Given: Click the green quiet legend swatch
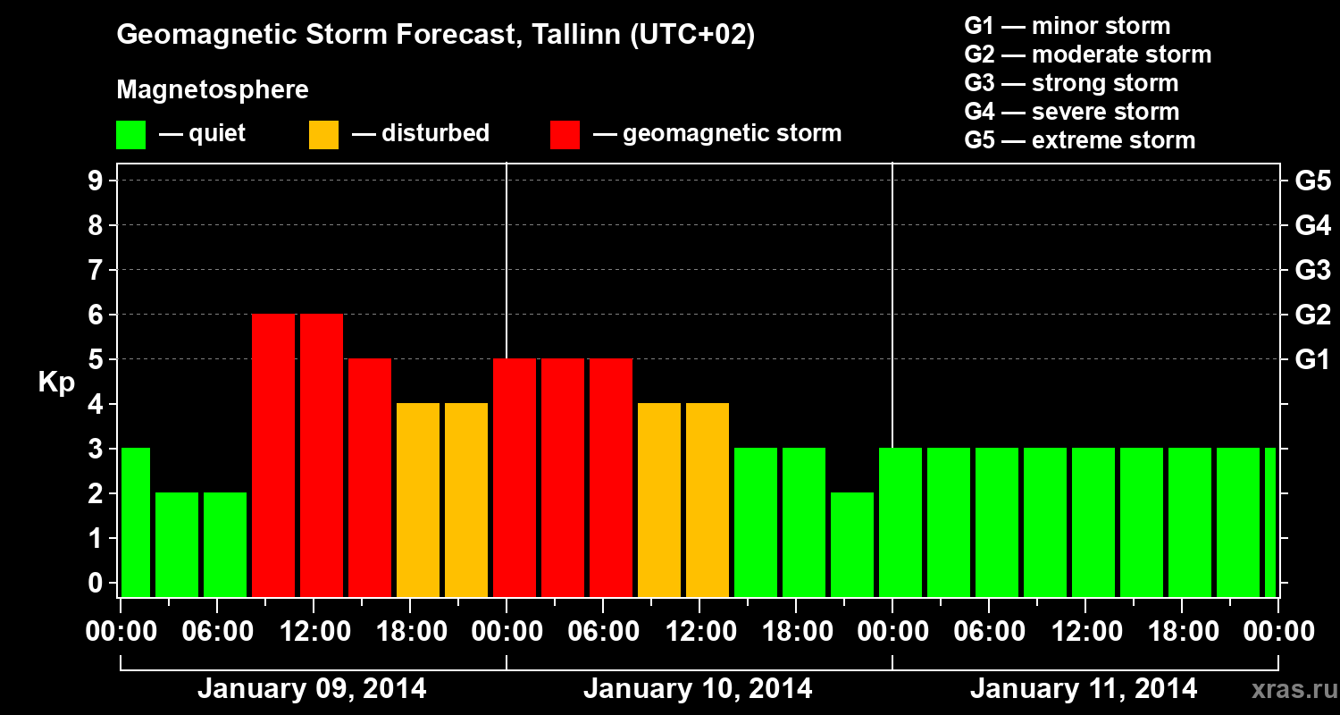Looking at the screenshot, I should [x=130, y=135].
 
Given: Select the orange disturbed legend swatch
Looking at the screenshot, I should [x=323, y=135].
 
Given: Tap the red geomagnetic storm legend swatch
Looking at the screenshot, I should [x=565, y=135].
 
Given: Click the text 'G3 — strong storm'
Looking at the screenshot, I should [x=1071, y=83].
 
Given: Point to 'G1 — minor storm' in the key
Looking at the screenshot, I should [x=1067, y=26].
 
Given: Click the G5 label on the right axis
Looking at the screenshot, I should [x=1312, y=181].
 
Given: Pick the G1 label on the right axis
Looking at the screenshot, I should [x=1312, y=360].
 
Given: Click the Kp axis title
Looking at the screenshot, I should [x=56, y=383].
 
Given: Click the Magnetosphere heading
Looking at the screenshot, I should [x=213, y=90].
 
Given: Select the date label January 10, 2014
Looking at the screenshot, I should [x=698, y=689].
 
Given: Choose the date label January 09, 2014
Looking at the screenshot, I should [x=312, y=689].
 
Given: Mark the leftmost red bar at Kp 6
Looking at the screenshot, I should [x=273, y=456].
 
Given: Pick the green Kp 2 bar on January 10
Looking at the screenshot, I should [x=852, y=545].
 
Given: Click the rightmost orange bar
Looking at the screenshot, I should [x=708, y=500].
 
